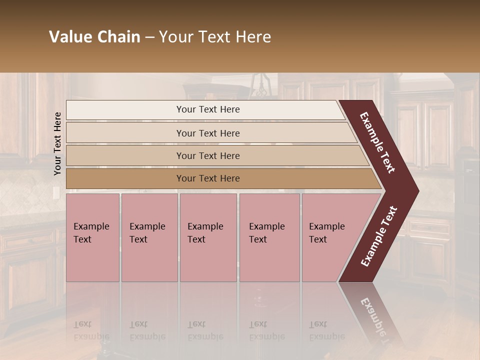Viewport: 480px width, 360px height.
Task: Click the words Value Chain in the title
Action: (x=94, y=37)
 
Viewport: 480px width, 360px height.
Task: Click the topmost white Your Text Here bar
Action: (x=207, y=109)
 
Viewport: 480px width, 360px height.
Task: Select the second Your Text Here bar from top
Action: (x=208, y=133)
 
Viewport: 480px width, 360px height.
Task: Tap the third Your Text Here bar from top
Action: (x=208, y=155)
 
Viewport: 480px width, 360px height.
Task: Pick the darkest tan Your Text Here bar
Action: (x=208, y=178)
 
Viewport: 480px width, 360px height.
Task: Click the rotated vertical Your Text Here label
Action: (x=57, y=143)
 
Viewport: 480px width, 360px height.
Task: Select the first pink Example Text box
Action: (x=92, y=237)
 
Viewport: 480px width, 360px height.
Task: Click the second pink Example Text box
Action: (x=149, y=237)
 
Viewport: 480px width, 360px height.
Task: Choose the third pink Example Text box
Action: (x=207, y=237)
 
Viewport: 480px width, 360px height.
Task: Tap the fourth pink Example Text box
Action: (x=269, y=237)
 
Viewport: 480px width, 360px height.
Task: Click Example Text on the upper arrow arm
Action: (x=377, y=142)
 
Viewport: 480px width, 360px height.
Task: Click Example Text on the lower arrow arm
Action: (x=379, y=236)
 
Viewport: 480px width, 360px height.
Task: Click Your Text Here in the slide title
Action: (x=215, y=37)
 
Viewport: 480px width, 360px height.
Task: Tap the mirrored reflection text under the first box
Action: (x=91, y=330)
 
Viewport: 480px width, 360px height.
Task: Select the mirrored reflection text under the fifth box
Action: (x=326, y=330)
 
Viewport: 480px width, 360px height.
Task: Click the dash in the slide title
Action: (x=149, y=37)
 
